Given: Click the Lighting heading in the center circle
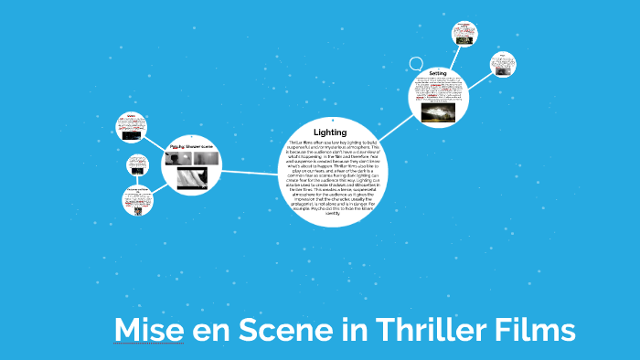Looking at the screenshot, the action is point(330,133).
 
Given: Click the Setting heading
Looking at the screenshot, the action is point(437,72).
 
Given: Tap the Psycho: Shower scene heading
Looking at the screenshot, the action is point(195,144).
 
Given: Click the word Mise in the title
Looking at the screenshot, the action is point(148,330).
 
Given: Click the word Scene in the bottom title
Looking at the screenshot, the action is point(283,330).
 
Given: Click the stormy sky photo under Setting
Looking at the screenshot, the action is point(438,112).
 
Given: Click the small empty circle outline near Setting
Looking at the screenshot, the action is point(416,65).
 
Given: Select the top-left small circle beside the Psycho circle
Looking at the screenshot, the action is point(132,125).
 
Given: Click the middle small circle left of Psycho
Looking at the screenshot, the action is point(137,165).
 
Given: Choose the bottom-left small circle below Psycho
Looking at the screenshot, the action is point(137,201).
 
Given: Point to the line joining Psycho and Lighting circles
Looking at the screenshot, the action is point(251,172).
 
